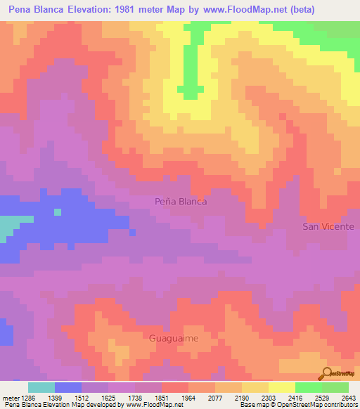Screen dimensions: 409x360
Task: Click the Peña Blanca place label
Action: [x=181, y=201]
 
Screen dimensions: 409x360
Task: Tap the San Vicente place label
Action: [x=328, y=226]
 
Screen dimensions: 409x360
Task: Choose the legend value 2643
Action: [x=347, y=397]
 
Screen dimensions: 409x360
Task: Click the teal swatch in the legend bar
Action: [x=41, y=387]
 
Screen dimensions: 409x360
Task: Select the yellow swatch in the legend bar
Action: [x=282, y=387]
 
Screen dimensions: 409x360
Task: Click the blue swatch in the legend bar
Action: [x=68, y=387]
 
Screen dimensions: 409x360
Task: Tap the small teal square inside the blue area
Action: [x=58, y=212]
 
